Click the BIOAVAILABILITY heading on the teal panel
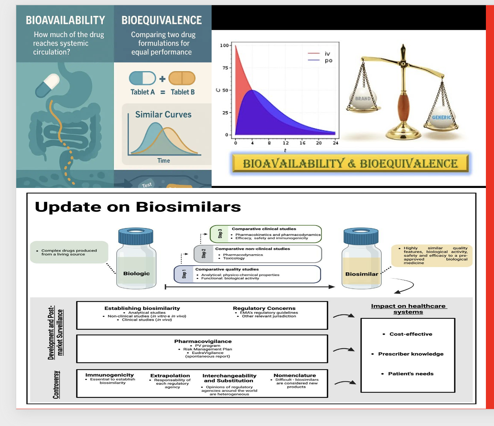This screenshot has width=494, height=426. [x=65, y=20]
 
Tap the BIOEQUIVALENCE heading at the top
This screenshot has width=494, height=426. [x=161, y=20]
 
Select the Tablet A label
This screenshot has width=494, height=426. [x=143, y=92]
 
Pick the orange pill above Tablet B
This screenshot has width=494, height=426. [x=182, y=78]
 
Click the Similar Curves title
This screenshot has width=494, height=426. [x=163, y=115]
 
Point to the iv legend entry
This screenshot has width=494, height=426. [x=327, y=54]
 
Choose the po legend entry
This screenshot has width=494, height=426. [x=328, y=60]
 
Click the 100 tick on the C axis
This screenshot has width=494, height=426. [x=224, y=45]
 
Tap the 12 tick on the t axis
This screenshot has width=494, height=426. [x=286, y=143]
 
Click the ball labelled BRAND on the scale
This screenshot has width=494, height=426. [x=363, y=98]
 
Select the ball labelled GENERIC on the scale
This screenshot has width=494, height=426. [x=441, y=117]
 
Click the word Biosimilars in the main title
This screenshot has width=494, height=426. [x=188, y=207]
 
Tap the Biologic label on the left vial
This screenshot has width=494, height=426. [x=136, y=273]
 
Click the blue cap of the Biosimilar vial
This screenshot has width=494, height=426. [x=361, y=236]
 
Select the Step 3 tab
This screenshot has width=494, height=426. [x=220, y=234]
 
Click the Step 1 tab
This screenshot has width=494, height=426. [x=184, y=274]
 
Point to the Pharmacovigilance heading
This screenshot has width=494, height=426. [x=203, y=341]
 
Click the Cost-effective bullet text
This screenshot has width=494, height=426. [x=411, y=334]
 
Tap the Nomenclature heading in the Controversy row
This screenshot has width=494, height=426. [x=295, y=376]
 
